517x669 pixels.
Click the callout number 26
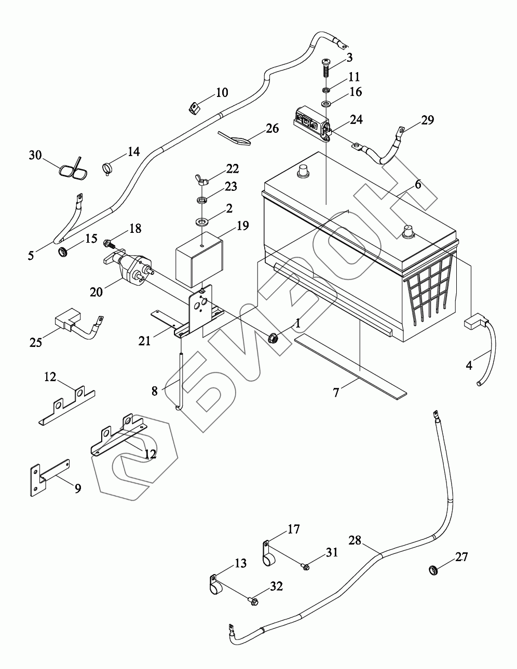[272, 128]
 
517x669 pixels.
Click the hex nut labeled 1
[272, 340]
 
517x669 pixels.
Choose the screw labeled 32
[253, 601]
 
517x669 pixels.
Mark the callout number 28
[355, 540]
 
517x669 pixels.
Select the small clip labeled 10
[193, 109]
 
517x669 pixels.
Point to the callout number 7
[336, 393]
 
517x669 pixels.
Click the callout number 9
[77, 487]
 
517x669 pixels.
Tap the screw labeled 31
[306, 567]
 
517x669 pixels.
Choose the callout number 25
[36, 343]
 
